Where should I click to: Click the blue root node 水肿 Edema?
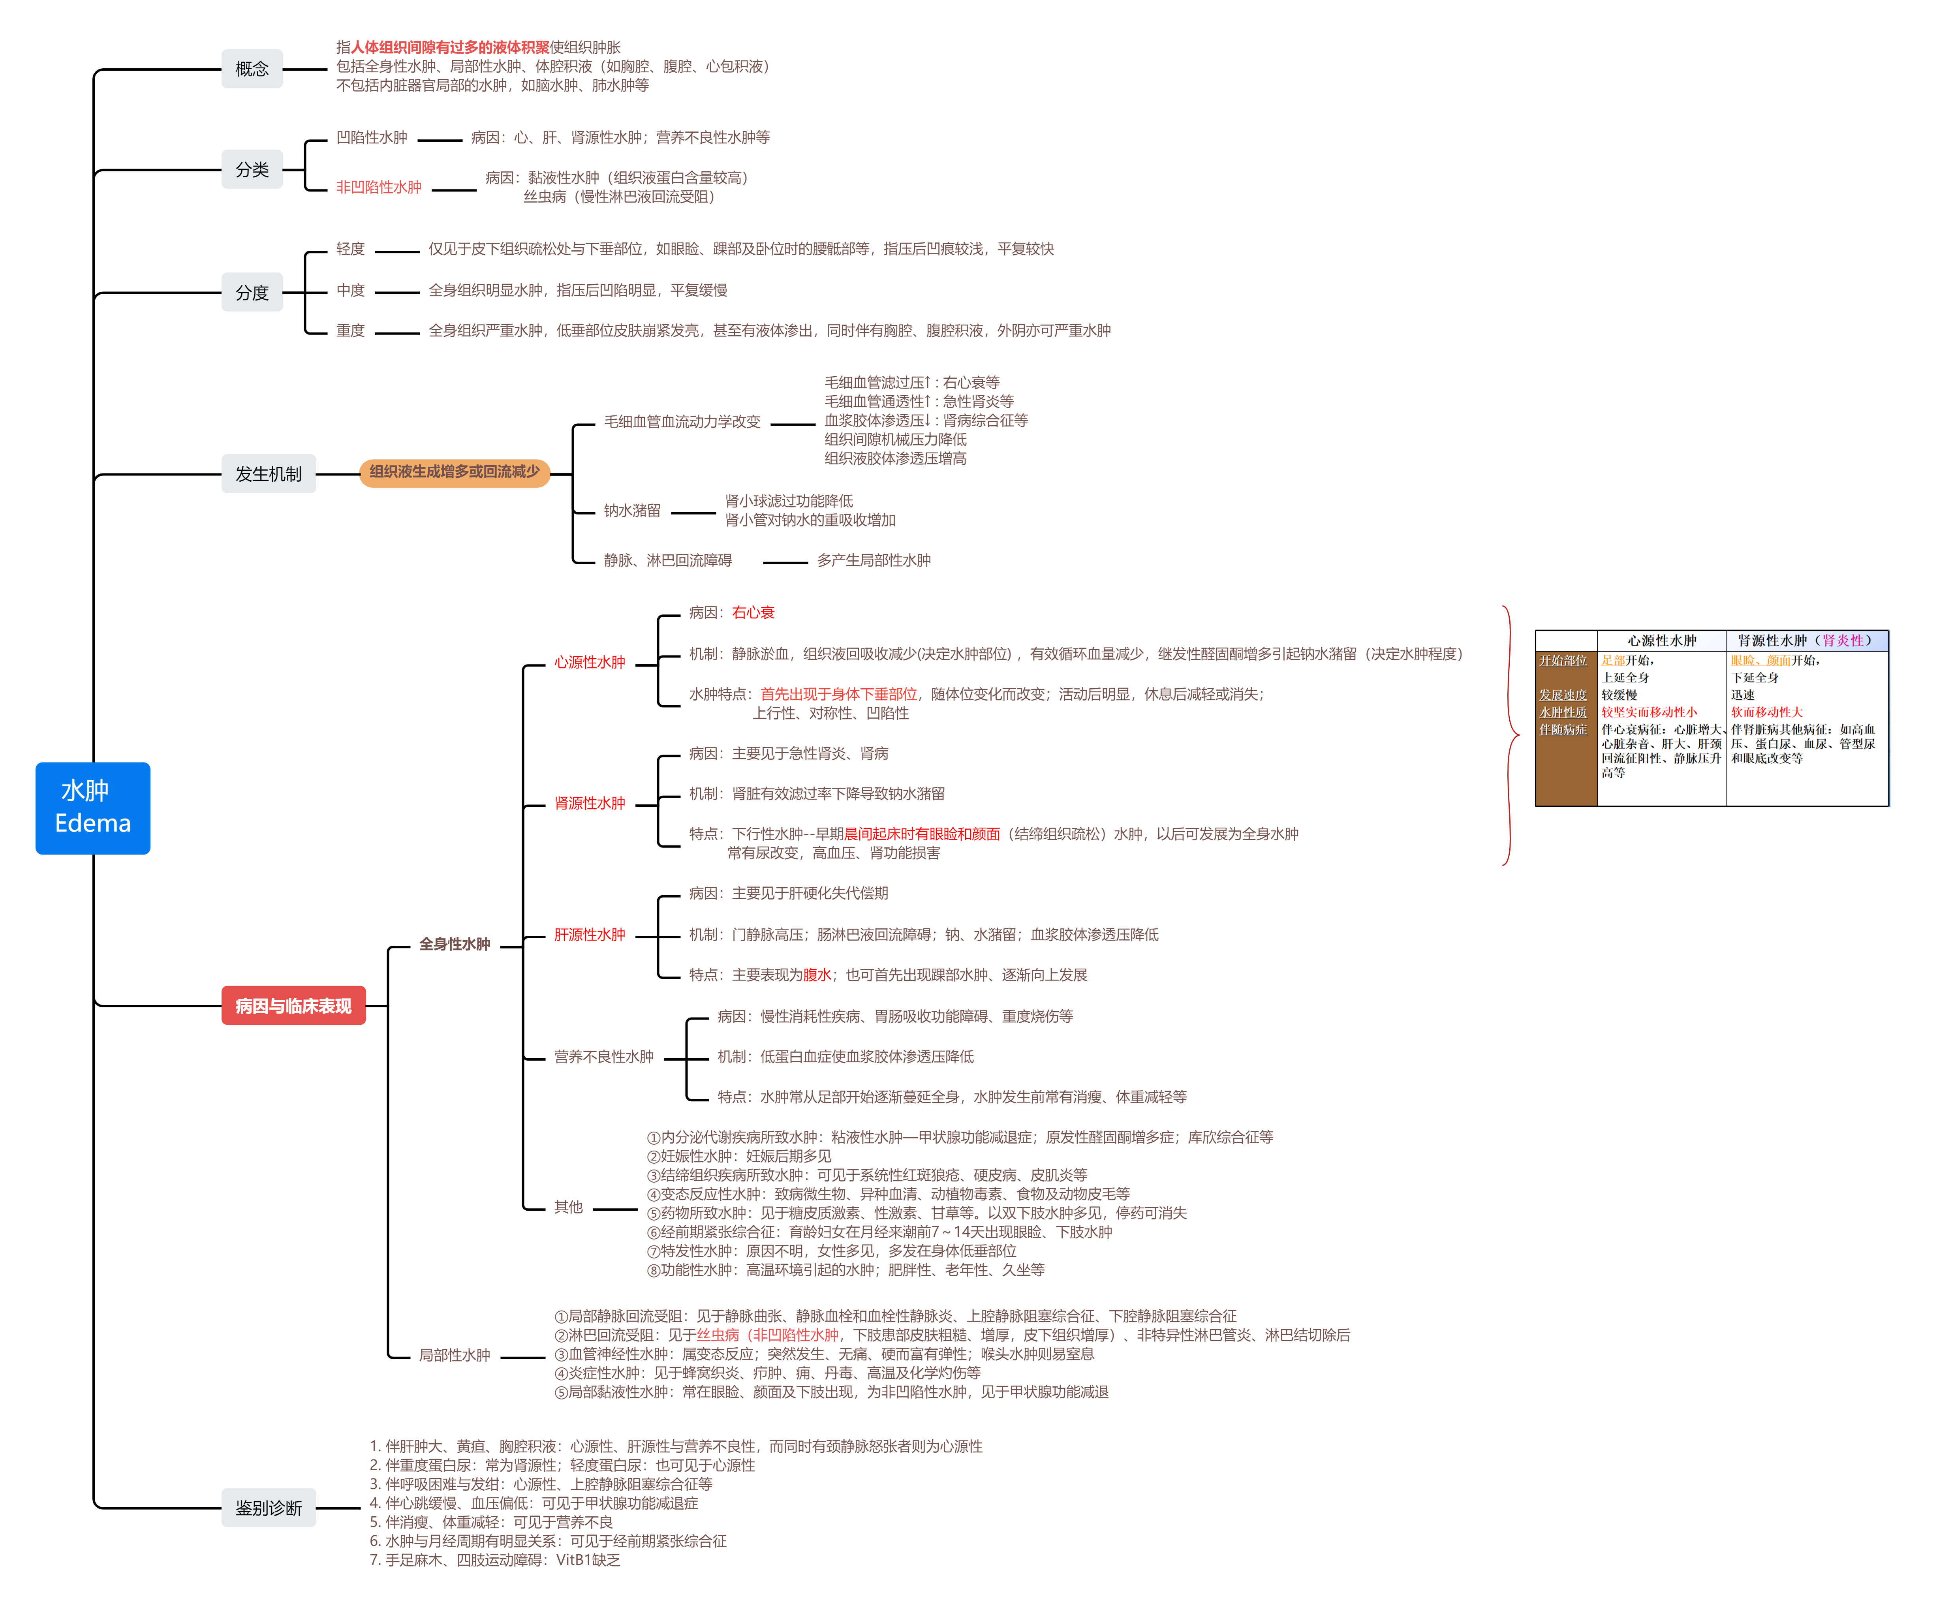(x=92, y=808)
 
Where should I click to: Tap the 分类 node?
(x=252, y=170)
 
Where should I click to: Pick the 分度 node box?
(x=252, y=293)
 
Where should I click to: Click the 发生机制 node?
(x=267, y=474)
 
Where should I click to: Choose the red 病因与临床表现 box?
(x=293, y=1005)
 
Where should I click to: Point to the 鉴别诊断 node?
(x=267, y=1508)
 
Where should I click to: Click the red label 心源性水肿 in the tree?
(x=590, y=662)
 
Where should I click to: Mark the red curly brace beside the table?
(x=1511, y=735)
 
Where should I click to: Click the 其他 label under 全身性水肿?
(x=568, y=1208)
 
